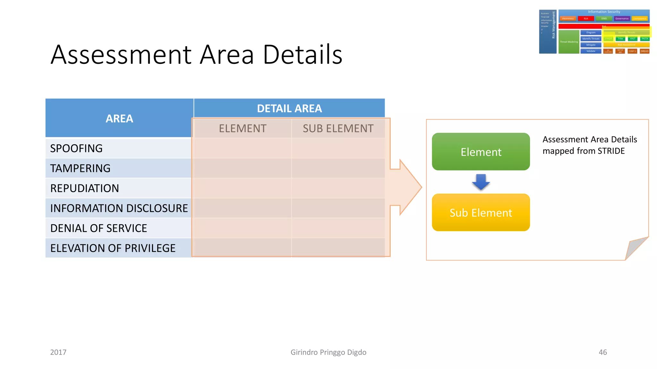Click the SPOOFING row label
coord(76,148)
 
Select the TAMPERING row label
coord(80,168)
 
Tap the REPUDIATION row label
coord(84,188)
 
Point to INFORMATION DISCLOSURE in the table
coord(119,208)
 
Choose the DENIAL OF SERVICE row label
coord(98,228)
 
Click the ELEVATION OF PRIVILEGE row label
coord(113,248)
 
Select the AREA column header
coord(119,119)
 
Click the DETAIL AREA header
coord(289,108)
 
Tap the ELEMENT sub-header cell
coord(243,128)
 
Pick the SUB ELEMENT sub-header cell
coord(338,128)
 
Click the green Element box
coord(481,152)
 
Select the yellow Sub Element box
coord(481,212)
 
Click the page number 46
coord(602,352)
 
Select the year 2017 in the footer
coord(58,352)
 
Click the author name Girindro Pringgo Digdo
coord(328,352)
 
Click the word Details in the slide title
coord(303,54)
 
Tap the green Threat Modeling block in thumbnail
coord(568,42)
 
